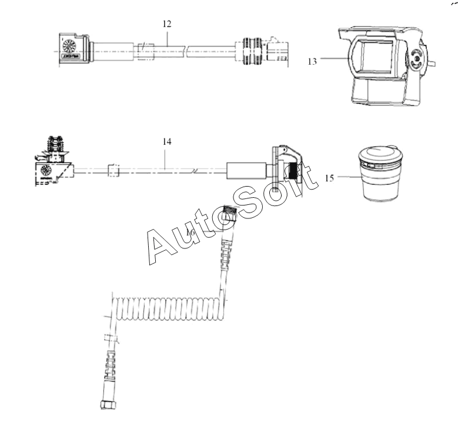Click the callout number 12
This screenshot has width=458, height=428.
[167, 24]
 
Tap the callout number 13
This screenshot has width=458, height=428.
[312, 61]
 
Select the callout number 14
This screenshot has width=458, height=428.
[167, 142]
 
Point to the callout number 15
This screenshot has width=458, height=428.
[329, 178]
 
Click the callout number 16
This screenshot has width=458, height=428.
[190, 233]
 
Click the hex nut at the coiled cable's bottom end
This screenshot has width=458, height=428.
[108, 405]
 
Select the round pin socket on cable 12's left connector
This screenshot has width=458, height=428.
[69, 46]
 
